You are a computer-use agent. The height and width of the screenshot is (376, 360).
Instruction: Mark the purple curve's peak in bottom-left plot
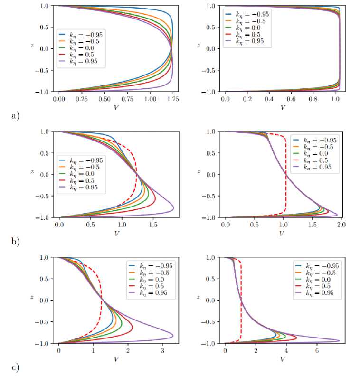173,336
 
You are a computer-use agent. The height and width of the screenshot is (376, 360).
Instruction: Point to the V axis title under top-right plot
283,107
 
